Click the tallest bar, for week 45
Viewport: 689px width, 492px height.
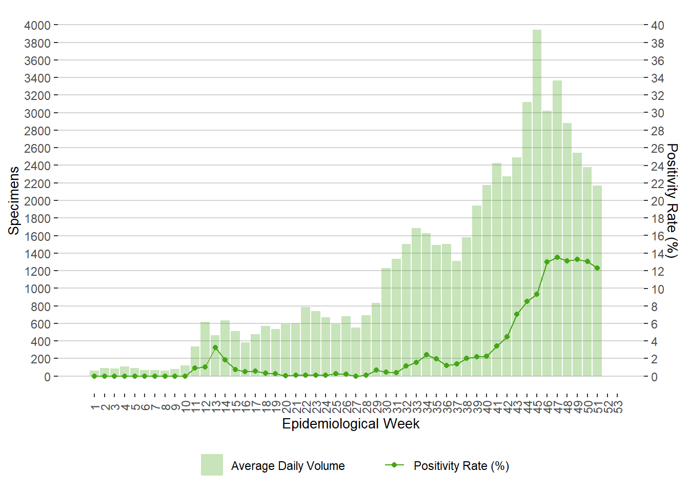[x=537, y=205]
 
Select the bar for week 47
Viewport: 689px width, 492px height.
[x=557, y=231]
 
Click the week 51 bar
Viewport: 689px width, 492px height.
[x=597, y=282]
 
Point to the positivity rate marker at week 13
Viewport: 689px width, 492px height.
[x=215, y=347]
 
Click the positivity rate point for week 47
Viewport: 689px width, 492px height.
[x=557, y=257]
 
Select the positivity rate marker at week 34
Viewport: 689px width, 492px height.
[x=427, y=355]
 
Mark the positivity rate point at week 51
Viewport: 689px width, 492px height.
[x=597, y=268]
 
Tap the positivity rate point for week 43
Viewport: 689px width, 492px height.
[x=517, y=314]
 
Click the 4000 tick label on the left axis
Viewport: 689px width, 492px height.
[x=37, y=26]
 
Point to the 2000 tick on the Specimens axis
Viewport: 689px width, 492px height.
[x=37, y=201]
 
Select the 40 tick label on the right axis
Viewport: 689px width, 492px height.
[x=657, y=26]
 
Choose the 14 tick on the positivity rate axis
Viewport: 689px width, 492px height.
[x=657, y=254]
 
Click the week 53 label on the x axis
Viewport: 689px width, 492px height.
[x=618, y=406]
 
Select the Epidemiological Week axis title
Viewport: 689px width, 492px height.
[x=351, y=424]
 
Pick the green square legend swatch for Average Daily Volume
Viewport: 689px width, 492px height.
[x=212, y=465]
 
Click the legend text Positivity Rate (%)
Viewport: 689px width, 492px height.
[x=461, y=466]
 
